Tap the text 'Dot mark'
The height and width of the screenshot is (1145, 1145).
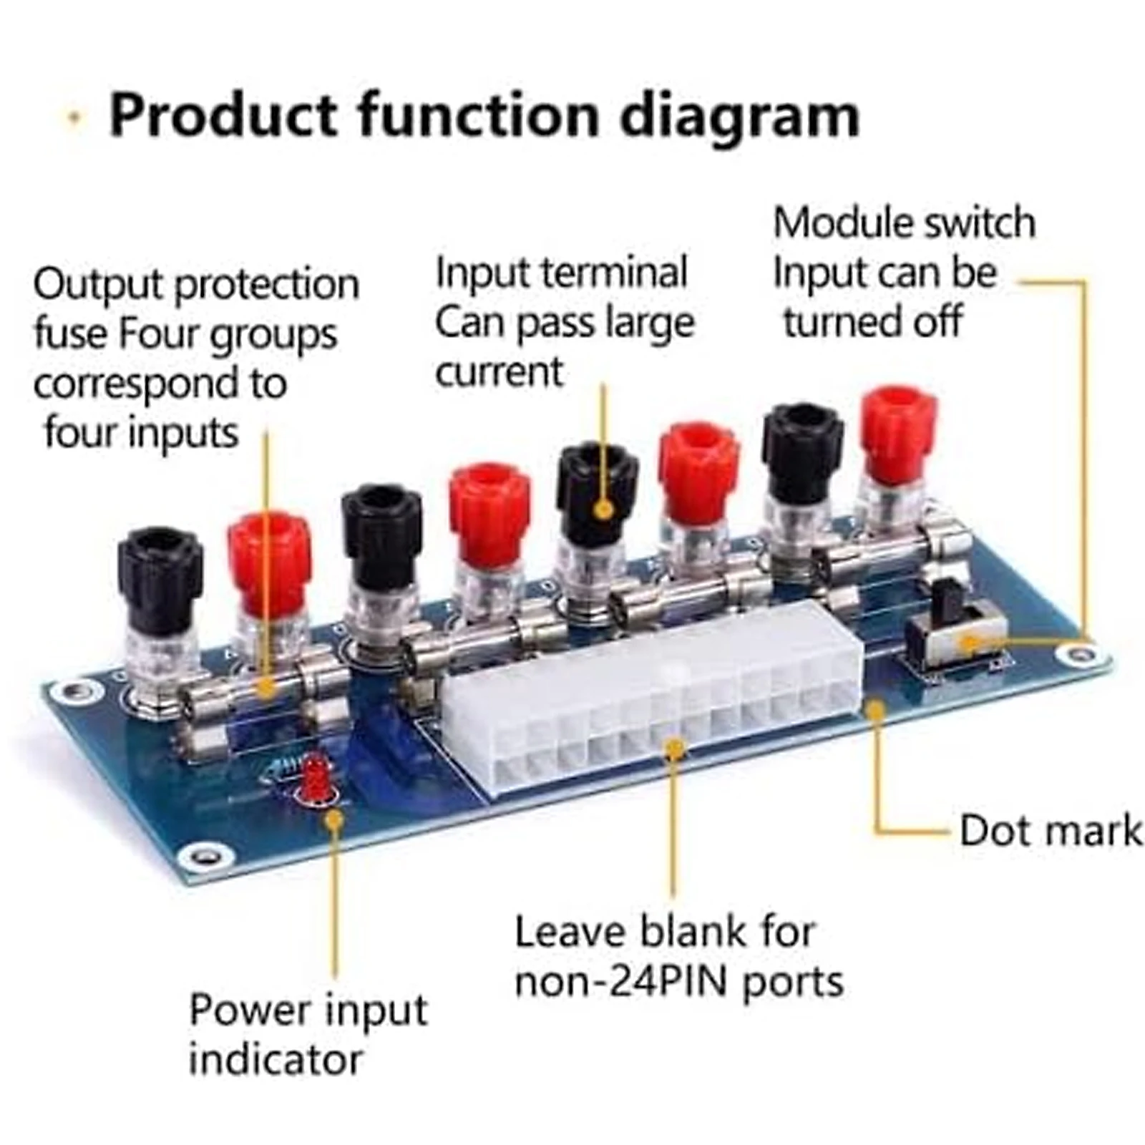[x=1050, y=831]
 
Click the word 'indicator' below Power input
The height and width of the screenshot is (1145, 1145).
[x=276, y=1060]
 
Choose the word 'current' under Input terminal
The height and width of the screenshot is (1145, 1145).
[x=499, y=373]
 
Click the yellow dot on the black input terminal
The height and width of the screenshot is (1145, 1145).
[x=604, y=510]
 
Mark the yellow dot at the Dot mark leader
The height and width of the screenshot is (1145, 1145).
[x=874, y=709]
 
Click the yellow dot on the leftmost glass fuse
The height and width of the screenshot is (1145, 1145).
[x=265, y=688]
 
